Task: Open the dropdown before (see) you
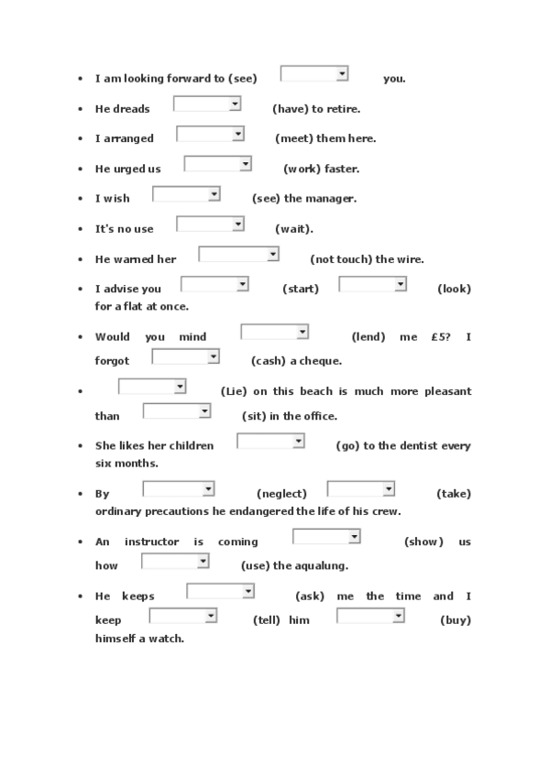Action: pos(313,73)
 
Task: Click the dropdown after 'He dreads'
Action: pos(207,104)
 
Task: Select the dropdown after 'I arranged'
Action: pos(210,134)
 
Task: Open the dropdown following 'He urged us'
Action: pos(217,164)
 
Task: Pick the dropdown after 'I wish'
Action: pos(186,193)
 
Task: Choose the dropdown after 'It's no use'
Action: pos(210,224)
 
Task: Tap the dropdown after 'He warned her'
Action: pos(238,254)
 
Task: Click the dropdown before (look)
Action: pos(372,284)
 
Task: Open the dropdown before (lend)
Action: pos(274,332)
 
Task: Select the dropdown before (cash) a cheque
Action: pos(185,356)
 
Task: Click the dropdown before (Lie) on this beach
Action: pos(152,387)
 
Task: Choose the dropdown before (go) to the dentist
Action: pos(270,442)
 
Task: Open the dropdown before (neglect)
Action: pos(178,489)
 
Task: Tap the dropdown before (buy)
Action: pos(370,616)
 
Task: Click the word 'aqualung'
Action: pos(322,565)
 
